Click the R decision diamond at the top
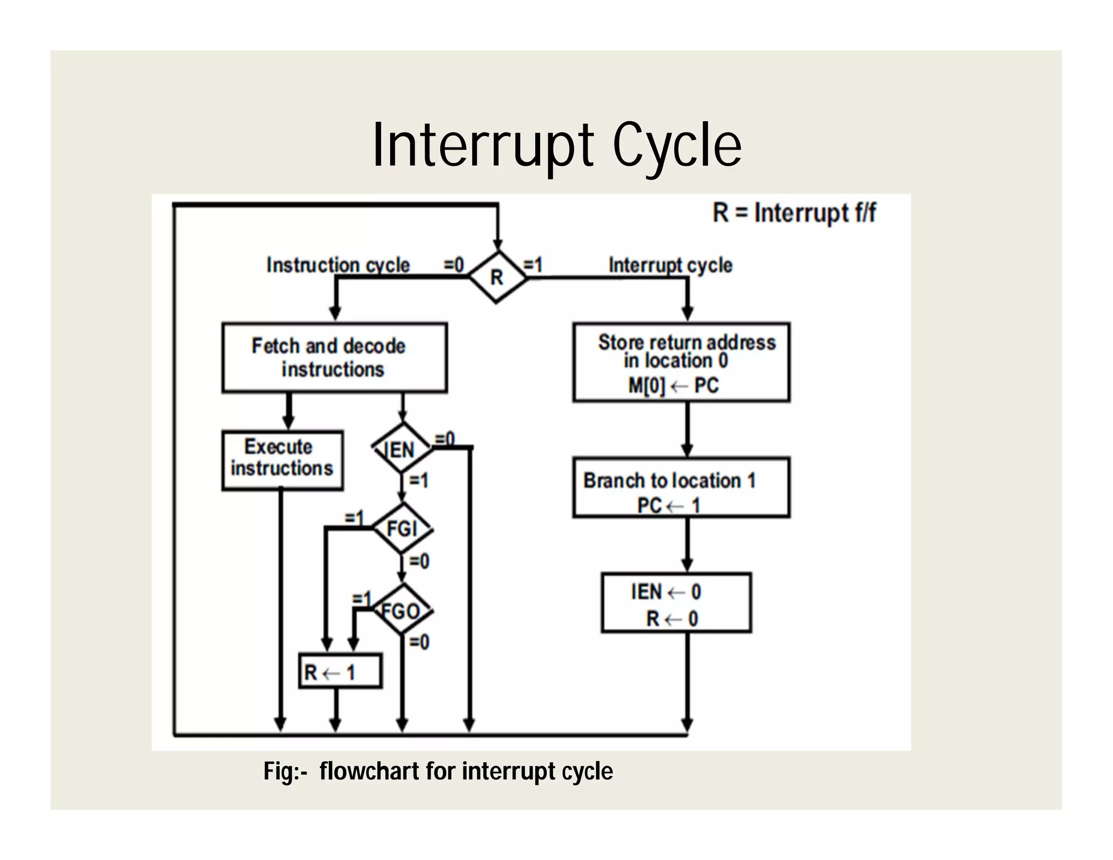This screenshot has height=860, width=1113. click(497, 277)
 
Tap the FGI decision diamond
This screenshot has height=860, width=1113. click(402, 528)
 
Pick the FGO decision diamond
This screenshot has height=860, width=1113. click(402, 610)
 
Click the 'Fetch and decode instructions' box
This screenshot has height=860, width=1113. click(334, 358)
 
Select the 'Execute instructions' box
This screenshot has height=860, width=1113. click(282, 460)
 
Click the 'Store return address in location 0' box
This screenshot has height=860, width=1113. click(681, 363)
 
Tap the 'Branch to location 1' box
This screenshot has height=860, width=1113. click(681, 488)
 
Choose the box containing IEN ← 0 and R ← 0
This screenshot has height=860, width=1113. click(676, 603)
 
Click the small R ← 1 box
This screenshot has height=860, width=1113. click(340, 672)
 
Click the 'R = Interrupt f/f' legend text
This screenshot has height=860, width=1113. click(793, 213)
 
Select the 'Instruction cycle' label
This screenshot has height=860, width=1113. click(337, 265)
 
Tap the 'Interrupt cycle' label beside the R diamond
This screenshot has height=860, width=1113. click(670, 265)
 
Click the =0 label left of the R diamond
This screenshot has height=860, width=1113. click(454, 265)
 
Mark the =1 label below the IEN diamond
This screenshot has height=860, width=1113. click(418, 481)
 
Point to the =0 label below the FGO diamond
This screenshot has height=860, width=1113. click(419, 642)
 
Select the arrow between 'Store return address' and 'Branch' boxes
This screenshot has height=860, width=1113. click(687, 429)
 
